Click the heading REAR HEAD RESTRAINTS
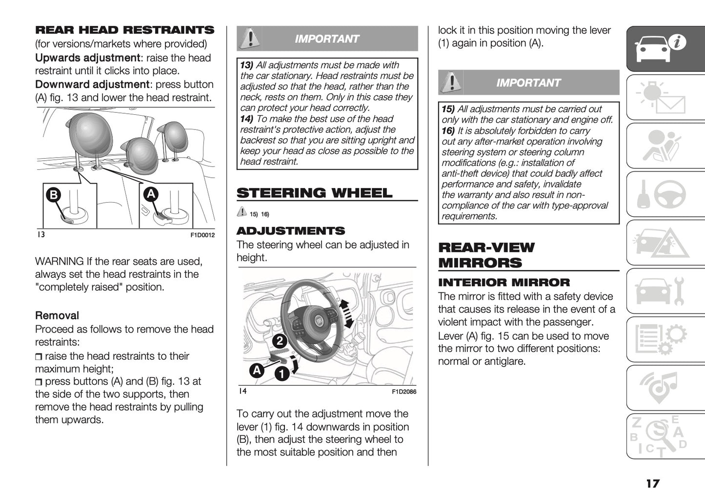(x=124, y=30)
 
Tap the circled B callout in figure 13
(x=53, y=195)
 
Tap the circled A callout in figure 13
(x=151, y=194)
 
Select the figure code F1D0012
(x=202, y=235)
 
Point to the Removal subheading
(x=57, y=316)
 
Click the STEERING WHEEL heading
(x=314, y=193)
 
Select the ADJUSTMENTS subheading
(x=290, y=231)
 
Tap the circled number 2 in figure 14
(x=279, y=340)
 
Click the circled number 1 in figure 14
(x=282, y=374)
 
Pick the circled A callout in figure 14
(x=256, y=370)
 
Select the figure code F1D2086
(x=403, y=392)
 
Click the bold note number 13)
(x=246, y=65)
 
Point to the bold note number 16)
(x=448, y=131)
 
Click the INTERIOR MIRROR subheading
(x=504, y=283)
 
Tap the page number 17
(x=652, y=483)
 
